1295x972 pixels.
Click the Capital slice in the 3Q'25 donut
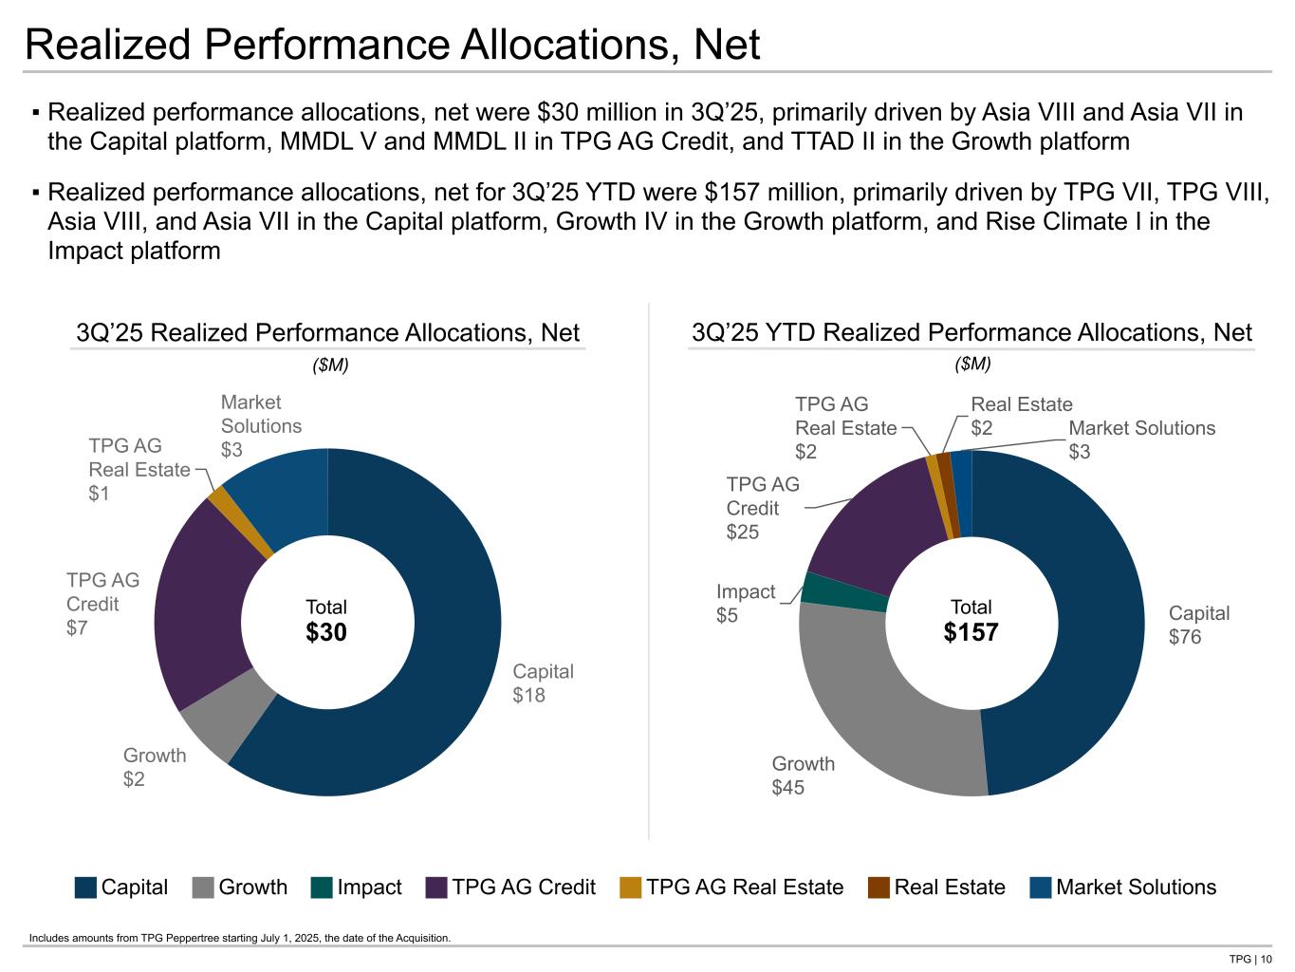[x=446, y=664]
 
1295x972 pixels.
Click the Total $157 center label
[x=971, y=621]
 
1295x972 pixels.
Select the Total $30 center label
[x=326, y=621]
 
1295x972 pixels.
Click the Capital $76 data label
[x=1198, y=625]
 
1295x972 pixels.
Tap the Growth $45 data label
[x=803, y=776]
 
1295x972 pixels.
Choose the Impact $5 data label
[x=745, y=604]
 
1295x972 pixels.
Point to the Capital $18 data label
[x=543, y=683]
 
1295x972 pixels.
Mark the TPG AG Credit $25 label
[x=762, y=508]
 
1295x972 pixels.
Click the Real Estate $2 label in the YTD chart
[x=1021, y=416]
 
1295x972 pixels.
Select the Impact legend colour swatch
[x=322, y=888]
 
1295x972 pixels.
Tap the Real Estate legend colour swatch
[x=879, y=888]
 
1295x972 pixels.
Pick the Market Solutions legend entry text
[x=1136, y=888]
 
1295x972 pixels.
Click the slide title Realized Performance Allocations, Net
[x=392, y=45]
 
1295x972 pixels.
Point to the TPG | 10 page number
[x=1249, y=959]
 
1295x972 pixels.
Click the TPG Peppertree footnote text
[x=240, y=938]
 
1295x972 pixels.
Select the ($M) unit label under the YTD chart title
[x=972, y=364]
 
